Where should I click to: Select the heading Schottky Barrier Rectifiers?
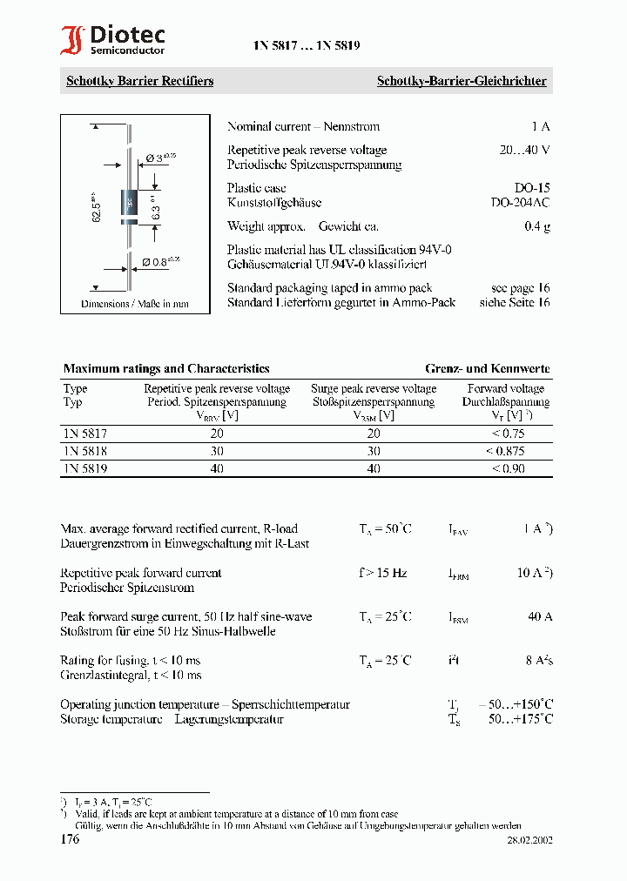139,81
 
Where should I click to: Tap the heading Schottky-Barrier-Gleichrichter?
461,81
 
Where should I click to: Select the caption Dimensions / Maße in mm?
134,304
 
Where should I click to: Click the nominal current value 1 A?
540,126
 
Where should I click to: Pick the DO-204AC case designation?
520,202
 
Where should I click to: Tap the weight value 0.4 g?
536,226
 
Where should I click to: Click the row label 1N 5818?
85,451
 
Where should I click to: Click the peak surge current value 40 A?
540,616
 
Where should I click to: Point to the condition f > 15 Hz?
382,573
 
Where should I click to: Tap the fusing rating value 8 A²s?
538,660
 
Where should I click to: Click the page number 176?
70,839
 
